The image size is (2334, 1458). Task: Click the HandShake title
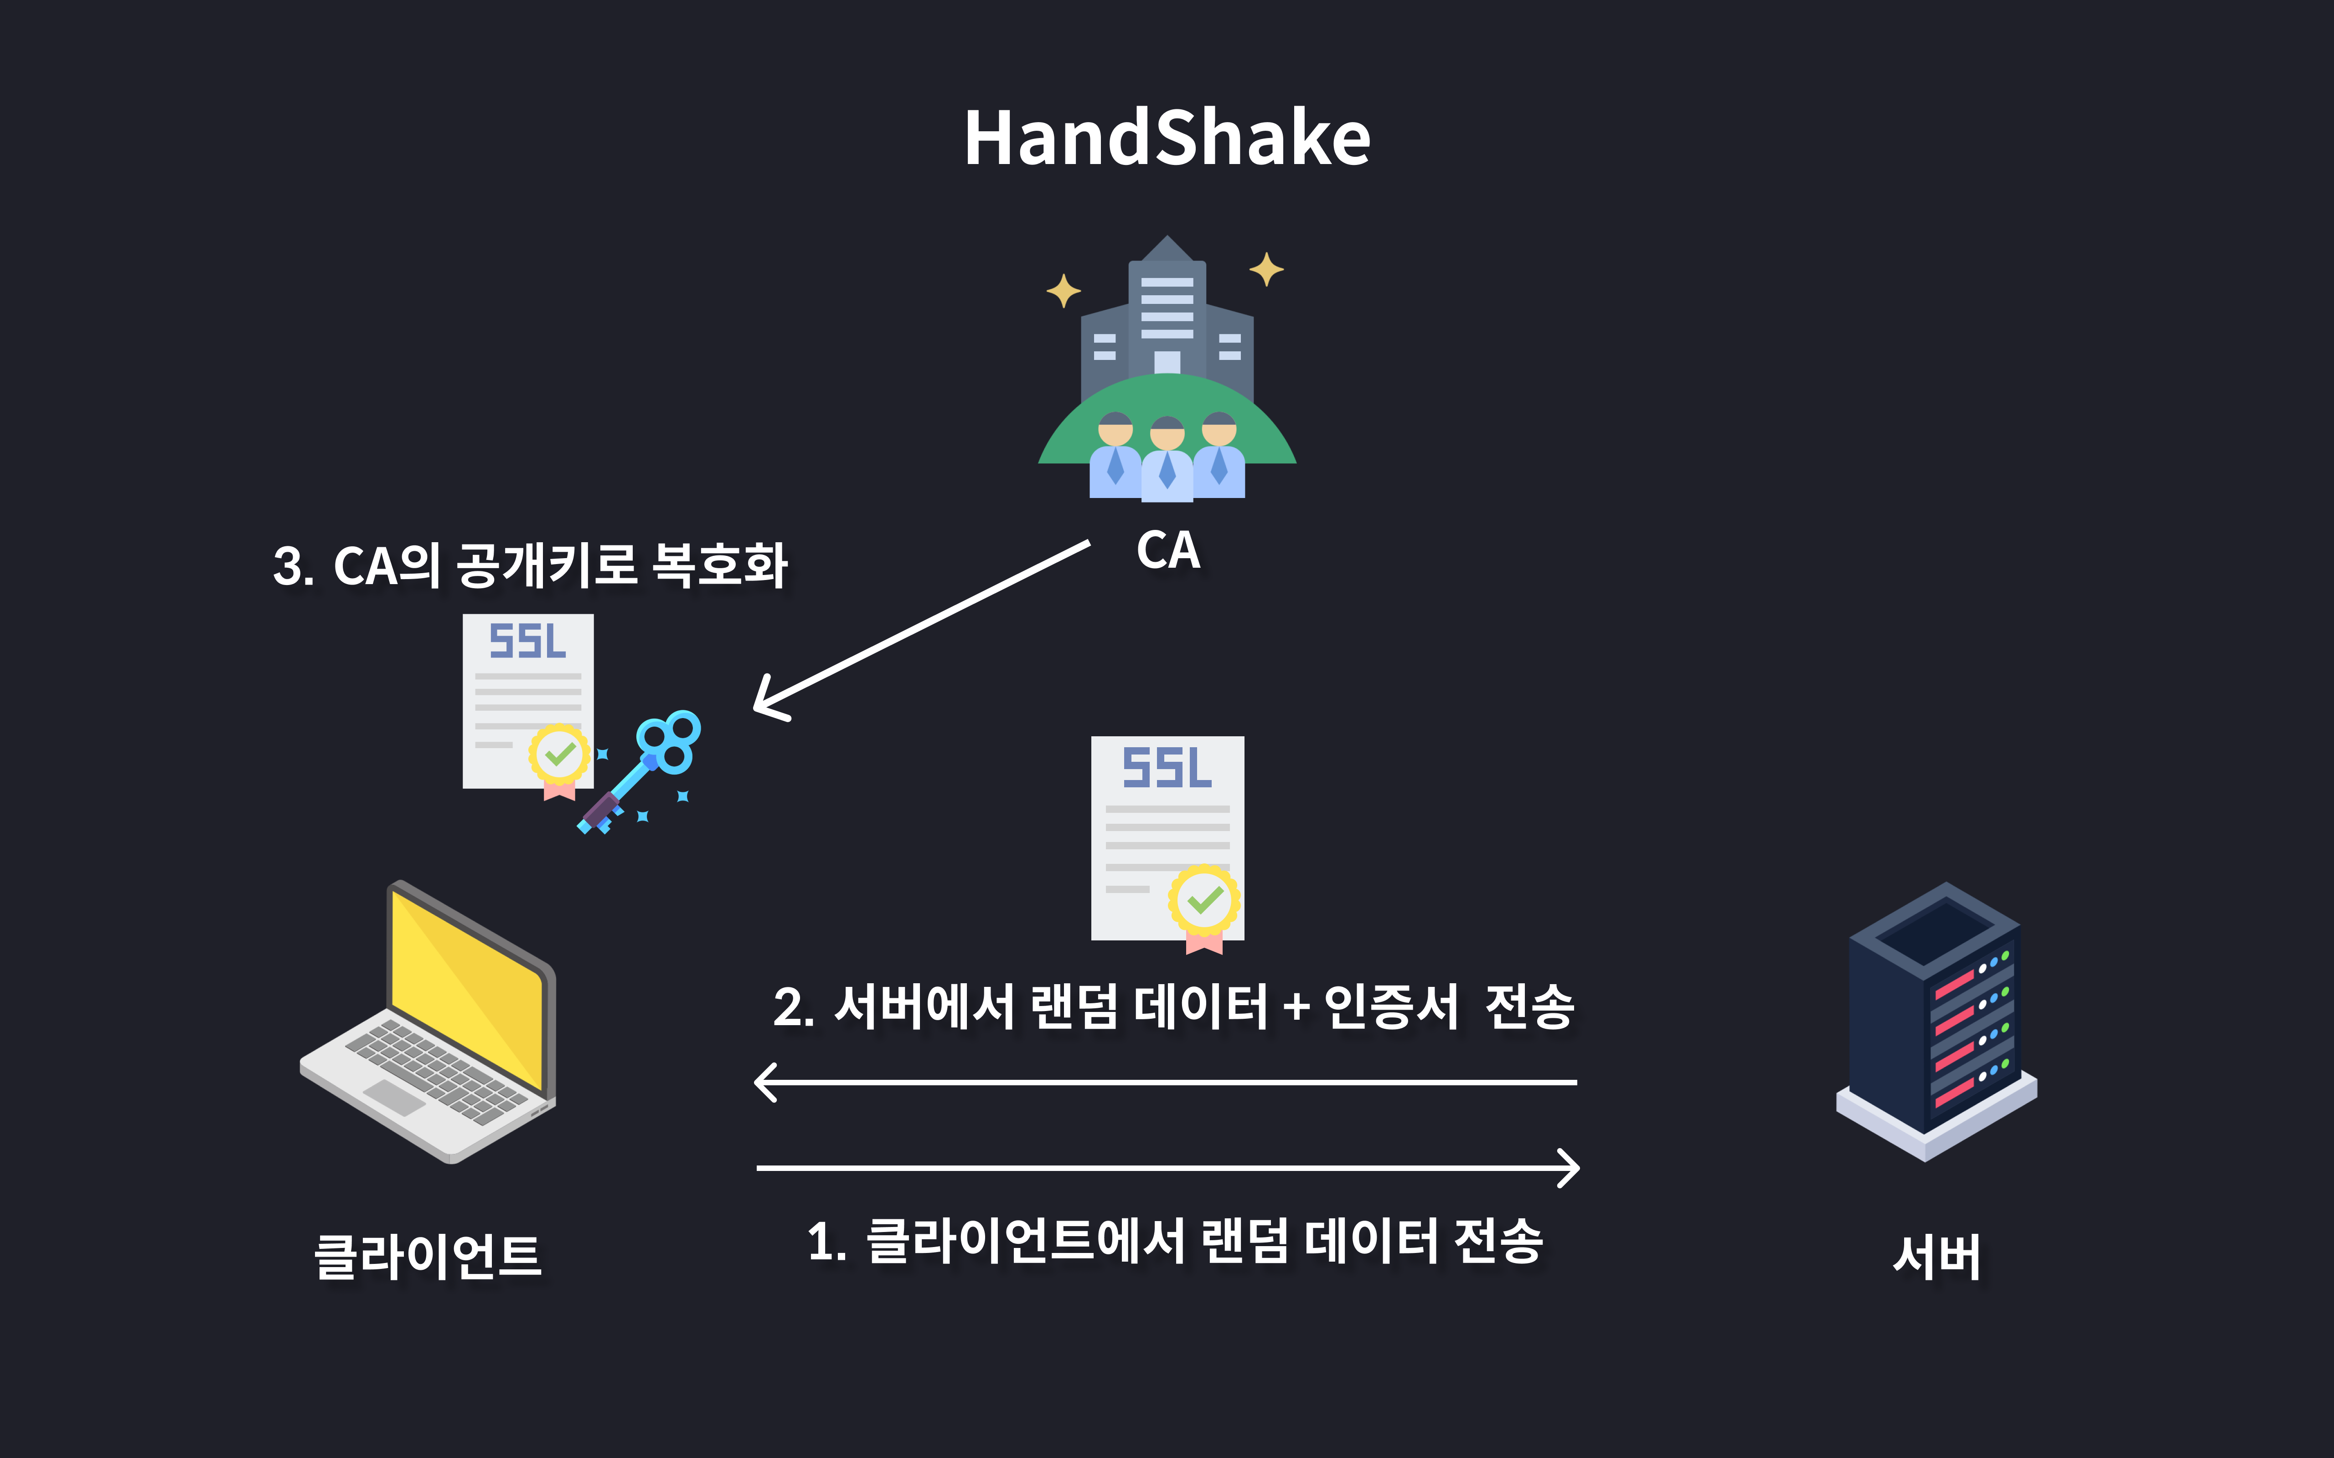click(1167, 138)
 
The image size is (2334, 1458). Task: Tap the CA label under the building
click(1168, 550)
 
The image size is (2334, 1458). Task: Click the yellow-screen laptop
click(429, 1022)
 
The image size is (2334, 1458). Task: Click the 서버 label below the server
click(1936, 1257)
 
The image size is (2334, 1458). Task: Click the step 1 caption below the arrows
click(1175, 1241)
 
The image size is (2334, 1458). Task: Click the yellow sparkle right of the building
click(1266, 269)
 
